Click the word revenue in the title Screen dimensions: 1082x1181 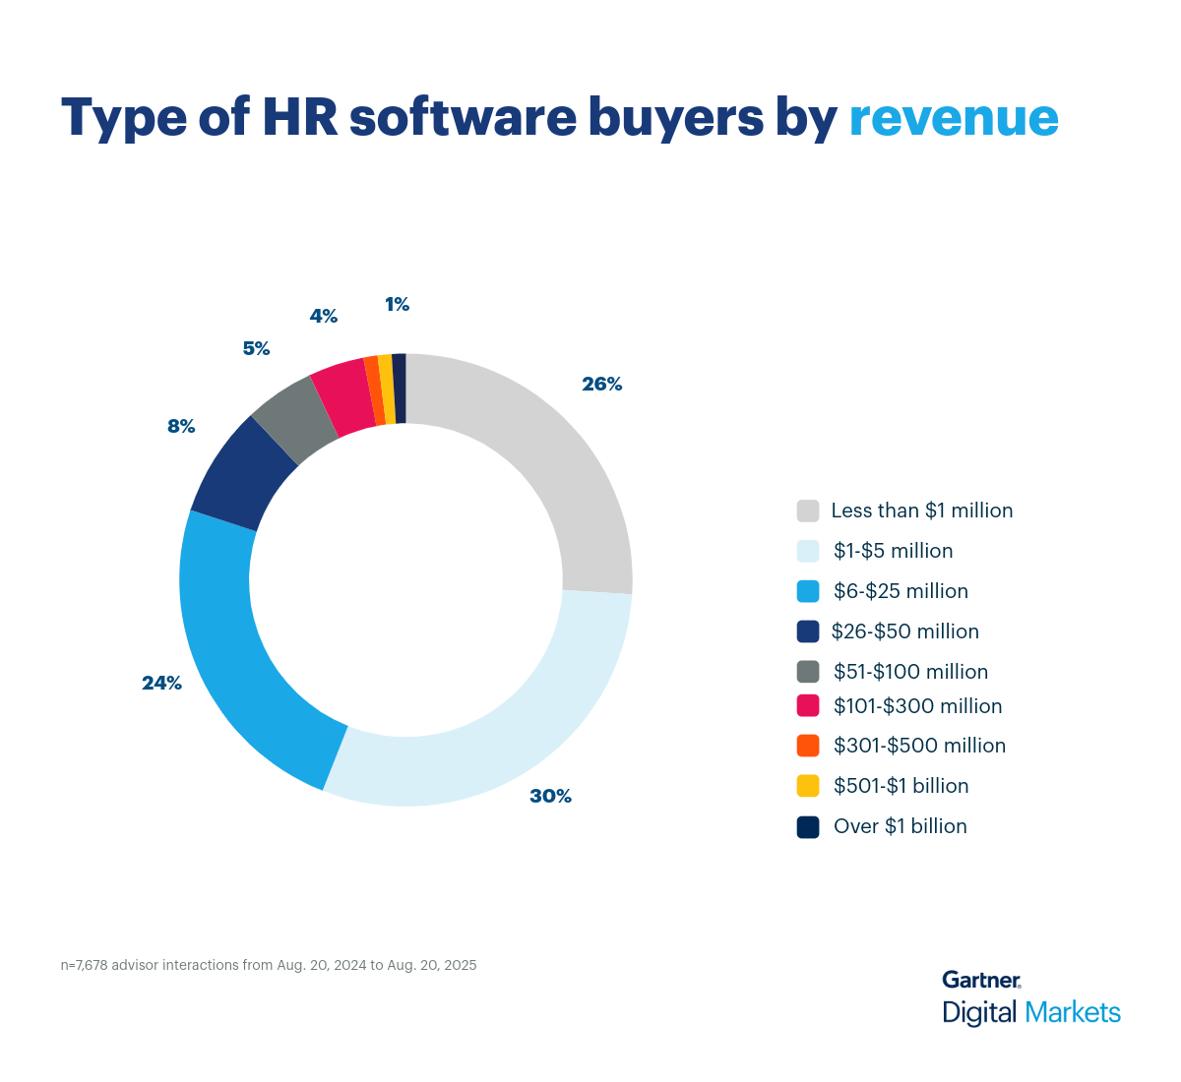953,118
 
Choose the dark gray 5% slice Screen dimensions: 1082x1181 295,418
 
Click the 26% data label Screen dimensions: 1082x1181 601,385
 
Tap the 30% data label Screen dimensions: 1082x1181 550,796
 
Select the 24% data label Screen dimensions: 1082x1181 161,683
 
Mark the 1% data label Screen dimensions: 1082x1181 397,305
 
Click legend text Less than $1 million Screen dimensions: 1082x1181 921,511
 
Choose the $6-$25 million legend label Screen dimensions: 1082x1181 901,591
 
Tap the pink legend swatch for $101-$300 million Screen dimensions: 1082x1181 808,705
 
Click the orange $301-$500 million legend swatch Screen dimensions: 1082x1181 808,746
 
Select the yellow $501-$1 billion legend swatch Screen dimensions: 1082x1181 808,786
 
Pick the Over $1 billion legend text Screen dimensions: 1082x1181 900,826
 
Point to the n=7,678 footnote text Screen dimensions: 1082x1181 269,965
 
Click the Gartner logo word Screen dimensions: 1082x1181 980,980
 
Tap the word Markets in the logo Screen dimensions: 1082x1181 1072,1012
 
